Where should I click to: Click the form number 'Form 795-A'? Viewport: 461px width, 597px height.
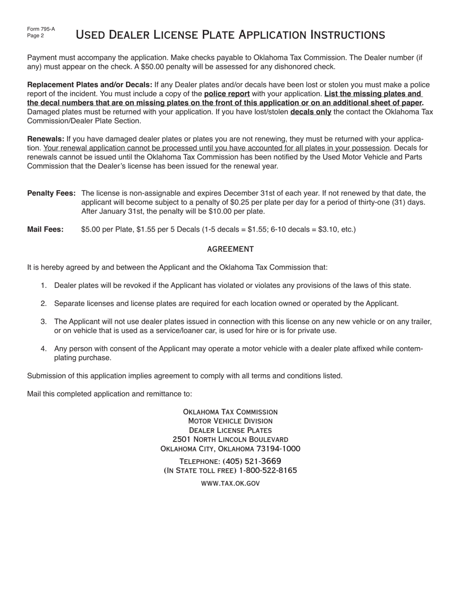click(x=41, y=29)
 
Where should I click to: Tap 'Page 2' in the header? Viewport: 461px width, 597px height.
click(x=35, y=36)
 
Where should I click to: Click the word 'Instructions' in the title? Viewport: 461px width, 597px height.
click(x=347, y=35)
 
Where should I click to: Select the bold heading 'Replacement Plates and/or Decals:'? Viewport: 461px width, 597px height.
click(x=90, y=85)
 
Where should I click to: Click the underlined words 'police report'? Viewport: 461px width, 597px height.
click(x=227, y=94)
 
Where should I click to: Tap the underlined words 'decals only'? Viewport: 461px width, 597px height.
click(x=311, y=112)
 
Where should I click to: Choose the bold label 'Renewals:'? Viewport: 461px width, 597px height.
click(x=46, y=139)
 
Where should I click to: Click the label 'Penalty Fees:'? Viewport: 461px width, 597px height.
click(x=51, y=194)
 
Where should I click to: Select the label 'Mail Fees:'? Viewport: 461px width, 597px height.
click(x=45, y=230)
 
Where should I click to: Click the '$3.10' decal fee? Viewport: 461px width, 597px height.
click(x=328, y=230)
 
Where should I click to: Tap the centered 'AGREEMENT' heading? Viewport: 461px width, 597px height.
click(x=230, y=249)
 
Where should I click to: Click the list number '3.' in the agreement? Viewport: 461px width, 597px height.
click(x=44, y=322)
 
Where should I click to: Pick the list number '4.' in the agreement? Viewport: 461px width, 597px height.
click(x=44, y=349)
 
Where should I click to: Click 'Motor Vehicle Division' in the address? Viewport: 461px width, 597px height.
click(x=230, y=421)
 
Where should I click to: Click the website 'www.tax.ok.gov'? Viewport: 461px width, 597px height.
click(x=230, y=483)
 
